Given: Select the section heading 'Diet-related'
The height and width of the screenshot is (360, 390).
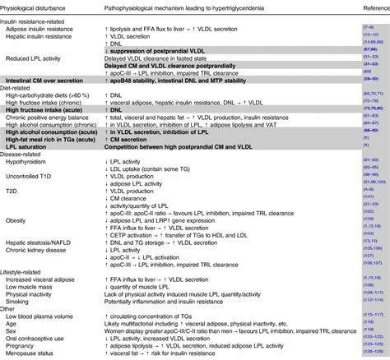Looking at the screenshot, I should tap(20, 103).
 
